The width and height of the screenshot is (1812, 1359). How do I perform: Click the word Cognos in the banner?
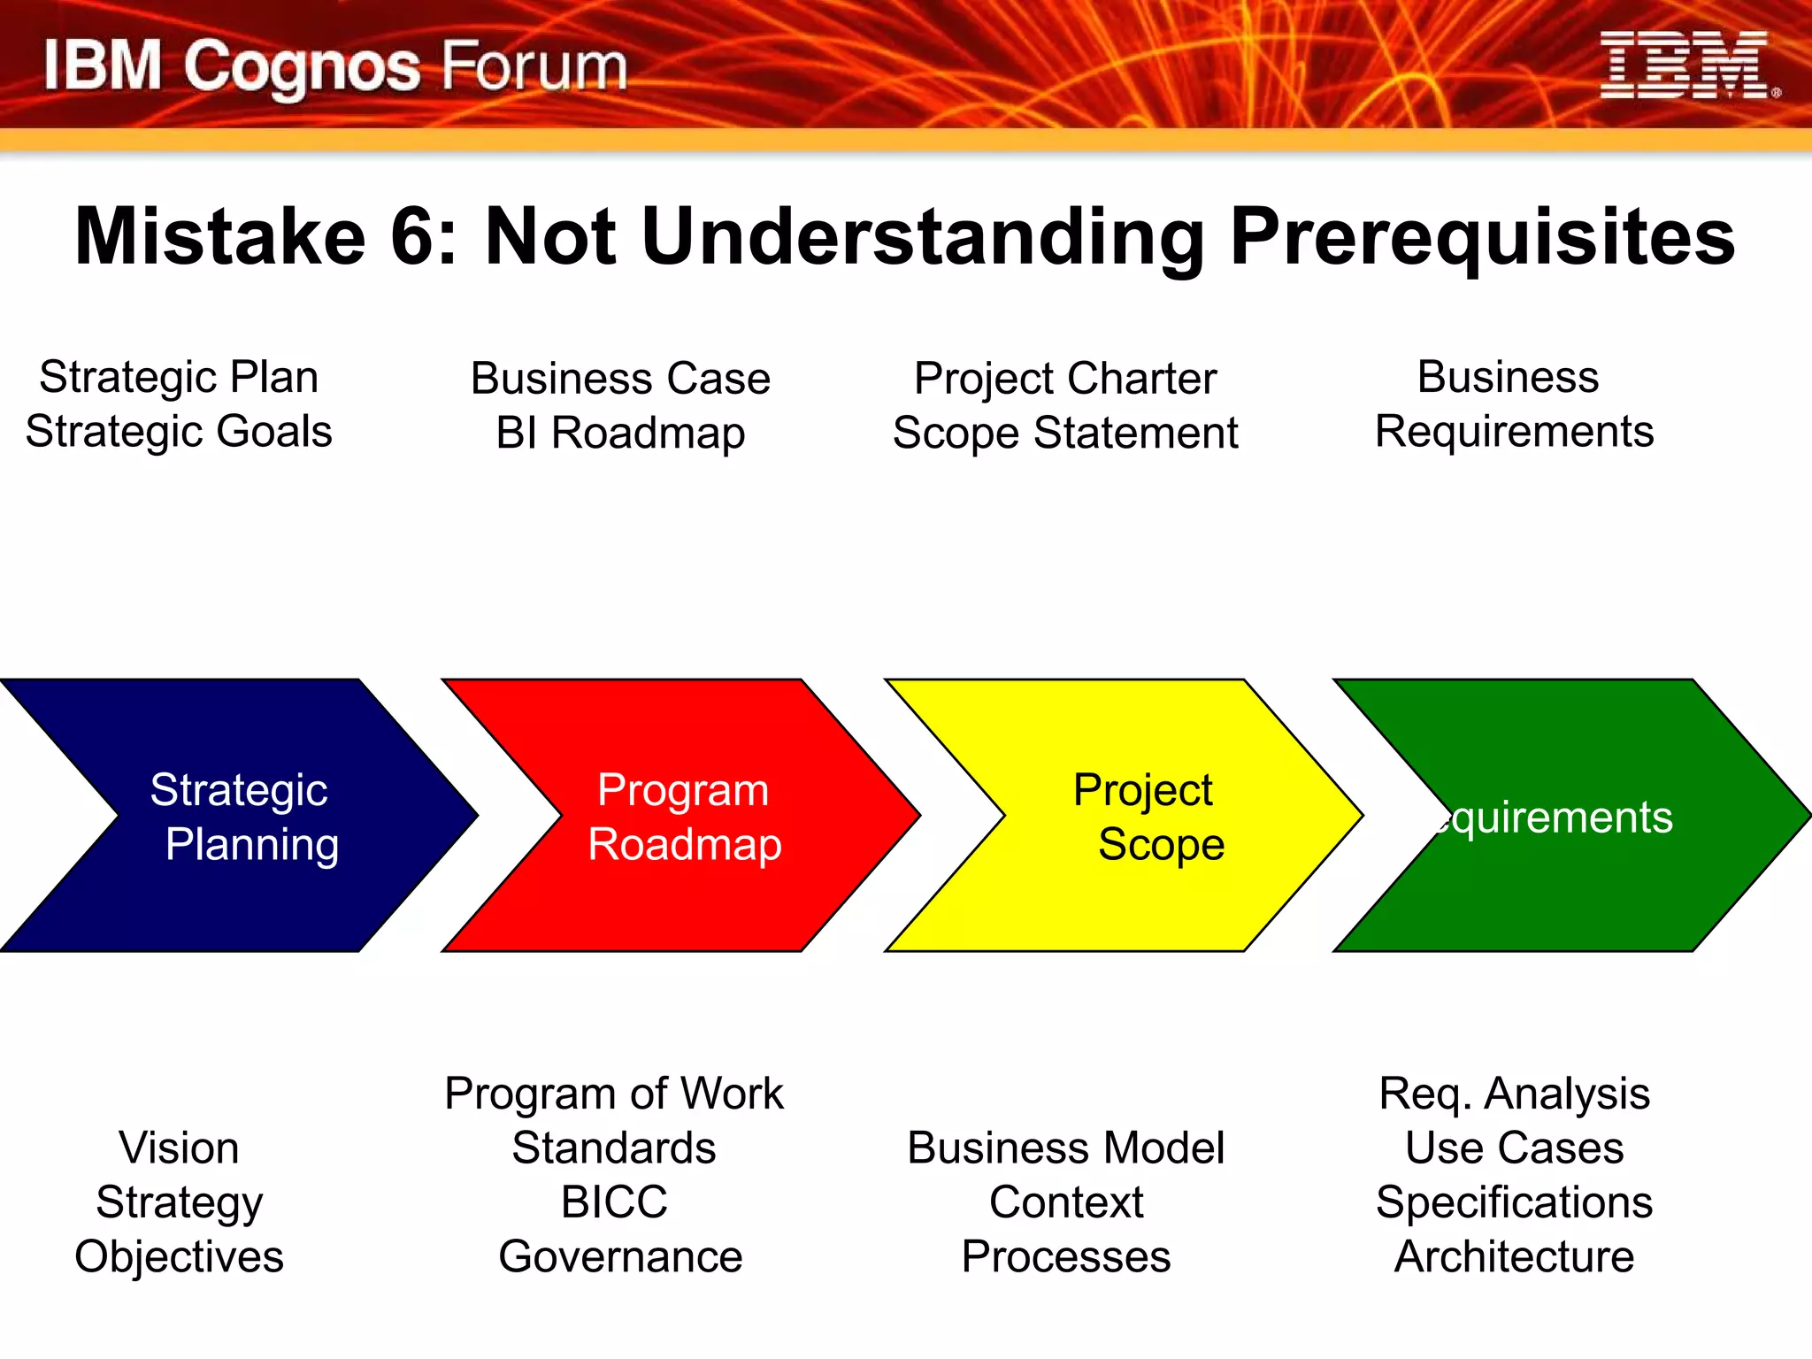pyautogui.click(x=302, y=68)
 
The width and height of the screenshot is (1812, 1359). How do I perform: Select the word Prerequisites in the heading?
pyautogui.click(x=1482, y=236)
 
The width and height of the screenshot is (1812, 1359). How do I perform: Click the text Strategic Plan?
pyautogui.click(x=179, y=377)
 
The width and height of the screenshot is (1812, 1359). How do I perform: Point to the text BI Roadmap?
pyautogui.click(x=620, y=434)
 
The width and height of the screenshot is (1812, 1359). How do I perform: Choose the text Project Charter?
pyautogui.click(x=1065, y=379)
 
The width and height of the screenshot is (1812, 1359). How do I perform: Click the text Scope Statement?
pyautogui.click(x=1065, y=434)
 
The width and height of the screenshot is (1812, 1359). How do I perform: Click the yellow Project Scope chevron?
pyautogui.click(x=1141, y=816)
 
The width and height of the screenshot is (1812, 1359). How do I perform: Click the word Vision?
pyautogui.click(x=179, y=1148)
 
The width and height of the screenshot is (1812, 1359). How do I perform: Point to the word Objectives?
pyautogui.click(x=179, y=1257)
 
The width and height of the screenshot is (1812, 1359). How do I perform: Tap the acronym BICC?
pyautogui.click(x=614, y=1202)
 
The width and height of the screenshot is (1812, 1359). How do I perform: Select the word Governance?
pyautogui.click(x=620, y=1257)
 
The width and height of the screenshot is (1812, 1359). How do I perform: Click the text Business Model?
pyautogui.click(x=1065, y=1148)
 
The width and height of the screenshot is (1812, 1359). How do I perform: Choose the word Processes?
pyautogui.click(x=1065, y=1257)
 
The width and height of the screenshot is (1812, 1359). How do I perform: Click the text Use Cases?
pyautogui.click(x=1514, y=1148)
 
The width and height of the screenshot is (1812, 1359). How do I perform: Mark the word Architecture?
pyautogui.click(x=1514, y=1257)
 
